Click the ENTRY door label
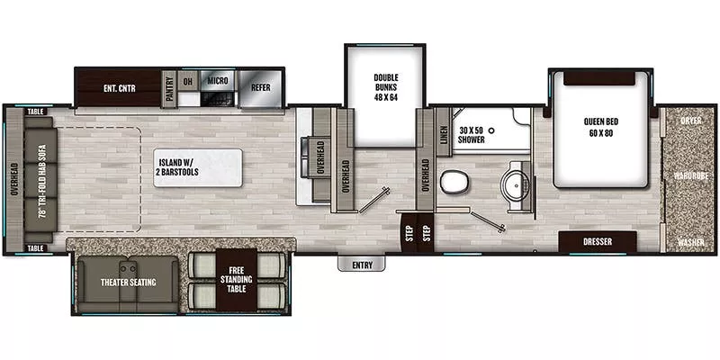click(362, 265)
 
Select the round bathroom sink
click(516, 183)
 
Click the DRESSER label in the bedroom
click(598, 241)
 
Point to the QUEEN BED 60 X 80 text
click(599, 128)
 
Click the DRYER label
click(691, 120)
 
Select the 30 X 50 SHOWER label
click(472, 135)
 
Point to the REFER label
click(261, 87)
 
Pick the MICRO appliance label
click(216, 81)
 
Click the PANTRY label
click(170, 87)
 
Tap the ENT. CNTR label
click(119, 87)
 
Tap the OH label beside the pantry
click(187, 81)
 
